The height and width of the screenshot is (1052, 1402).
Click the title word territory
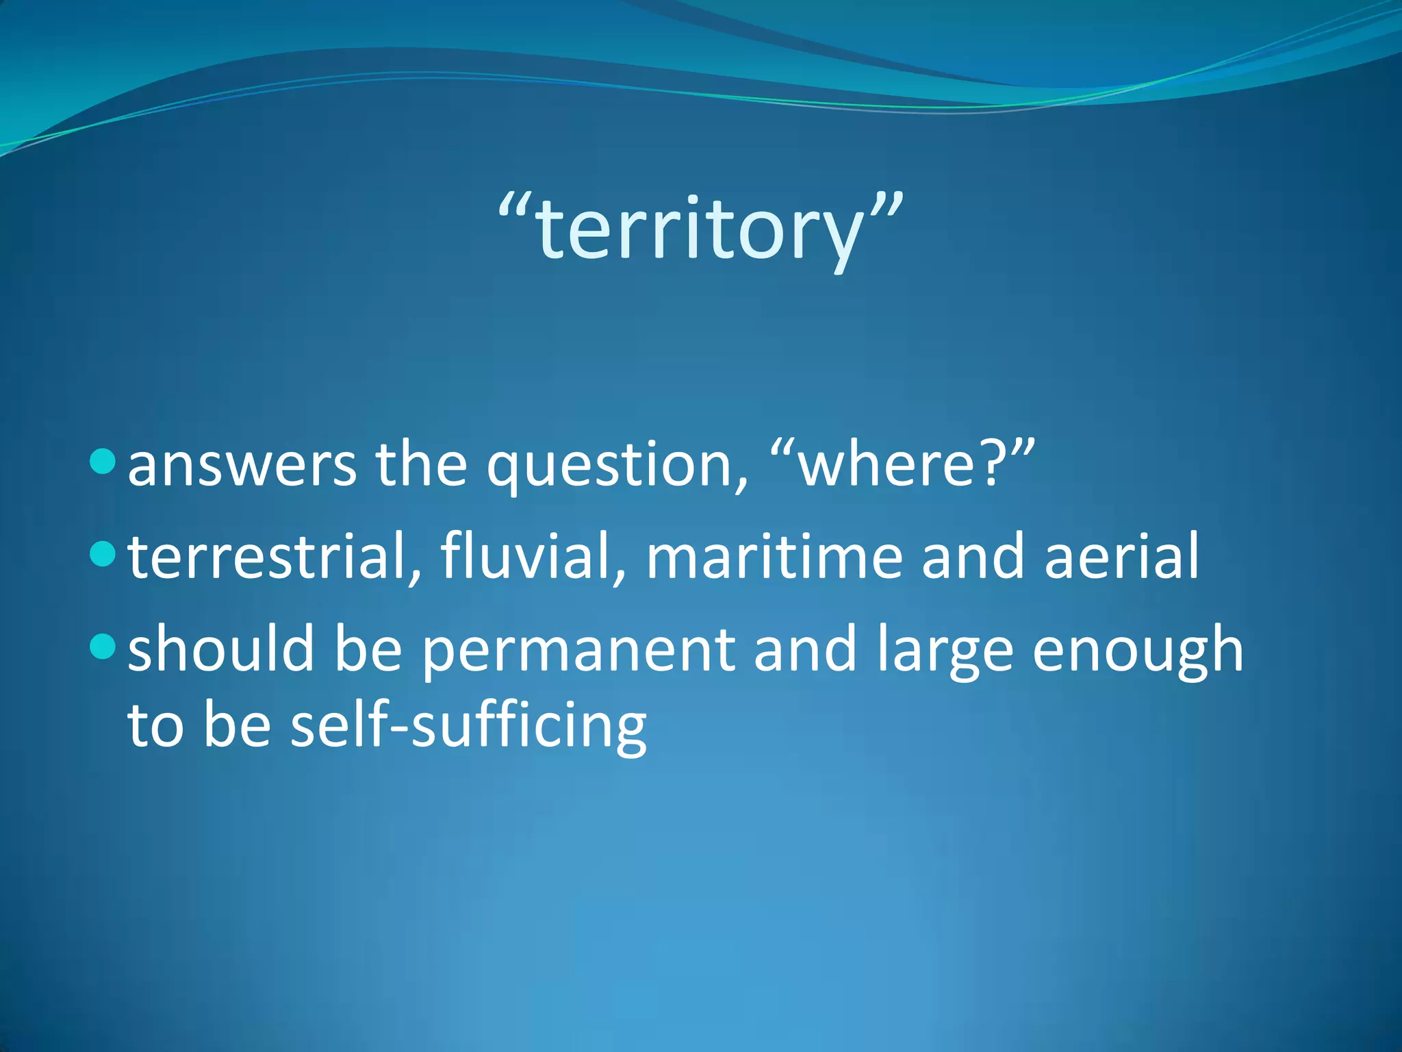pyautogui.click(x=700, y=229)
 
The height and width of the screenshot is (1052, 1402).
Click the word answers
pyautogui.click(x=242, y=466)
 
